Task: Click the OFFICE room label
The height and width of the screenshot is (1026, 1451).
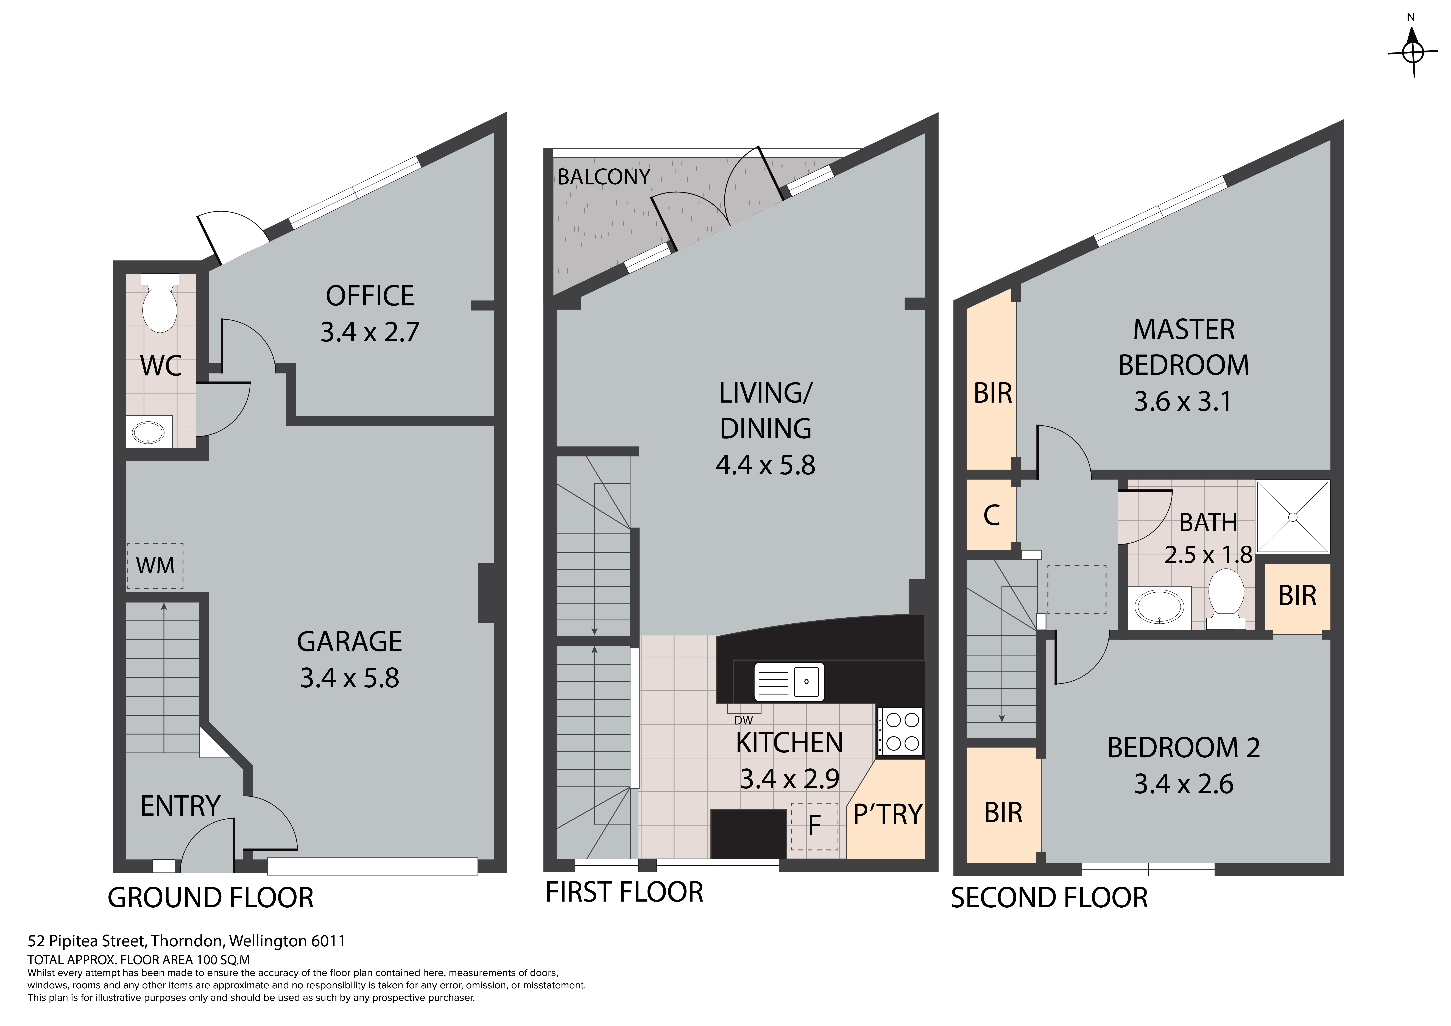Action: (x=370, y=296)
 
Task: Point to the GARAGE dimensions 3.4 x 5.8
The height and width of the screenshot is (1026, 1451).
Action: (x=350, y=678)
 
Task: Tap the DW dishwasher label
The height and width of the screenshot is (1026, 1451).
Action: (x=744, y=720)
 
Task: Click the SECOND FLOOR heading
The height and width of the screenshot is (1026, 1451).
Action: (x=1049, y=898)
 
